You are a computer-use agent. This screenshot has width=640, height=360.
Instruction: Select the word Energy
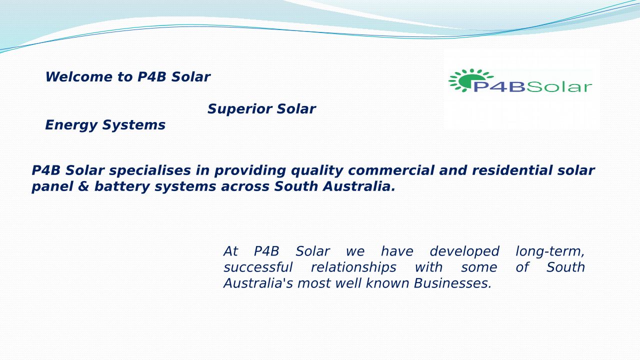click(71, 125)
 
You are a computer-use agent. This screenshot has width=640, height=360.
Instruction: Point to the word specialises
click(150, 171)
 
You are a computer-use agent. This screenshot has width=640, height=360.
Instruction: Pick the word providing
click(250, 171)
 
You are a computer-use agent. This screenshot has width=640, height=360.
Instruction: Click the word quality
click(317, 171)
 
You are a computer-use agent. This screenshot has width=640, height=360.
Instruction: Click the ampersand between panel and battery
click(83, 186)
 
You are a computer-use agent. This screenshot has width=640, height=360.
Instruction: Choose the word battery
click(122, 187)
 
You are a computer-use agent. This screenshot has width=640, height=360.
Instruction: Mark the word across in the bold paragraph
click(245, 187)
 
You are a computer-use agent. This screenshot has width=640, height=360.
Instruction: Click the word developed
click(464, 252)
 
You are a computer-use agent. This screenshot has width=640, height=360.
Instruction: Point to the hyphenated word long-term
click(550, 252)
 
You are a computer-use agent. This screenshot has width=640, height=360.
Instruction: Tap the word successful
click(258, 267)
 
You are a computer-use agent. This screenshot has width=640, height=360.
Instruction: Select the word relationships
click(353, 268)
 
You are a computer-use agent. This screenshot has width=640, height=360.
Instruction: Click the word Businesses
click(452, 283)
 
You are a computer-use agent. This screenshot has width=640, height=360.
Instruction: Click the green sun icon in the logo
click(470, 80)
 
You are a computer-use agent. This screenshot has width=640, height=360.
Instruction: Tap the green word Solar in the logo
click(559, 87)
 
